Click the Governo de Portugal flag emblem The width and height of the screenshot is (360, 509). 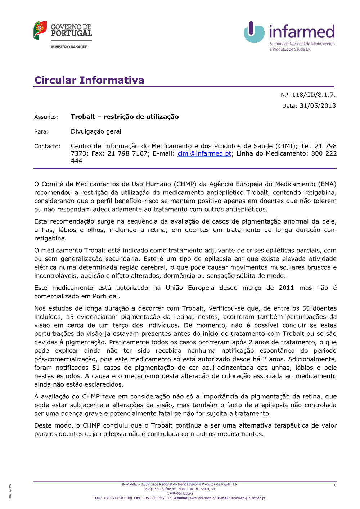[40, 30]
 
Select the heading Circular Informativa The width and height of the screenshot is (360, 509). [89, 80]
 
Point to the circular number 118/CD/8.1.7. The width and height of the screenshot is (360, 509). [313, 95]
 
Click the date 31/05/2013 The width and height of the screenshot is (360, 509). [318, 106]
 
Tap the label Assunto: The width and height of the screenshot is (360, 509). [46, 117]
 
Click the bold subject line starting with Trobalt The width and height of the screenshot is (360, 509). [125, 117]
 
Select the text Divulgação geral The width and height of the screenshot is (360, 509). [96, 131]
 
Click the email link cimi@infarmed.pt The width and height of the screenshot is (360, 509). [204, 153]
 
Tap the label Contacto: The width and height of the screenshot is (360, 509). [47, 146]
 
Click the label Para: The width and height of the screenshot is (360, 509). [41, 132]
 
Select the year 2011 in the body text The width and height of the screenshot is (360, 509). [286, 288]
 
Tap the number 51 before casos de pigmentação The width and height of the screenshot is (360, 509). [96, 368]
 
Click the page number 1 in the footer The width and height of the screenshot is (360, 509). [334, 485]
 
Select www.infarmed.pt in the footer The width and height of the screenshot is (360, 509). [202, 498]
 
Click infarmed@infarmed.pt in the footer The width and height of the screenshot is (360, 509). [248, 498]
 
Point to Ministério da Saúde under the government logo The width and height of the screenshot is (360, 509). [69, 47]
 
